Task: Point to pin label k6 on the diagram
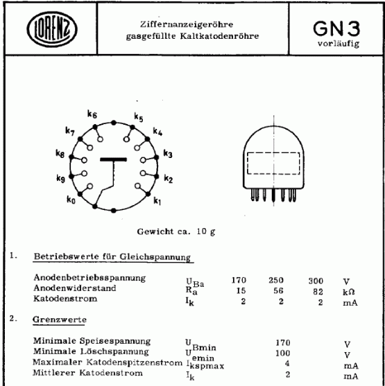[92, 115]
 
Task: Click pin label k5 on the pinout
[139, 116]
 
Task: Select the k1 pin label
[157, 202]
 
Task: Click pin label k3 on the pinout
[168, 153]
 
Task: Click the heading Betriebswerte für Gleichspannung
[113, 258]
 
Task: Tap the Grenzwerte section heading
[58, 321]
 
